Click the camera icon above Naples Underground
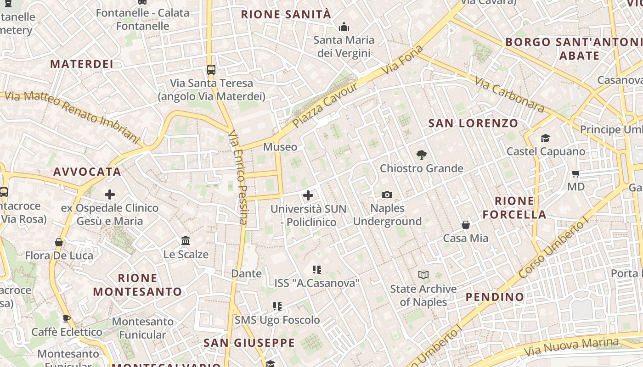click(x=387, y=195)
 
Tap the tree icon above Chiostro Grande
click(x=421, y=155)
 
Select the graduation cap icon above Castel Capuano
click(x=545, y=138)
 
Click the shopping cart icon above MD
click(x=576, y=173)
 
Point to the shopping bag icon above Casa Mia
click(x=466, y=225)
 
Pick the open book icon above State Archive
click(x=423, y=275)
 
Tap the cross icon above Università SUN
click(x=308, y=196)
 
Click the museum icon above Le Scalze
click(x=186, y=241)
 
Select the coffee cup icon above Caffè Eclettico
click(x=67, y=318)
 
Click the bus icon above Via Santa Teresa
click(x=211, y=70)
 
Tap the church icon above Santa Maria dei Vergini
click(x=344, y=27)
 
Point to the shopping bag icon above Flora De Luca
click(x=59, y=242)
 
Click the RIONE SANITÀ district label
click(x=286, y=14)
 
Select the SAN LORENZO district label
click(x=473, y=123)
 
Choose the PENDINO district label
click(x=495, y=297)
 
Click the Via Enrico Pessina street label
click(x=238, y=177)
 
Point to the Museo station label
click(x=280, y=147)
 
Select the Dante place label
click(x=247, y=273)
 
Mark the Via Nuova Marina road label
click(x=571, y=347)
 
